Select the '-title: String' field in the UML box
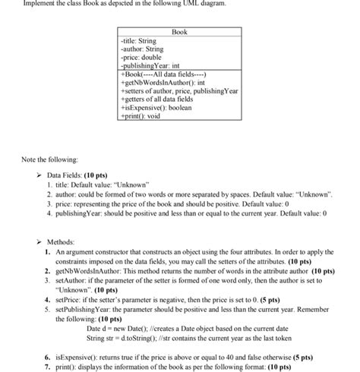tap(139, 41)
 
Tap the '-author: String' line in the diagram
tap(142, 49)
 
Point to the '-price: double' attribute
tap(141, 58)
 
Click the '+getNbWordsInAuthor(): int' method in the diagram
tap(166, 83)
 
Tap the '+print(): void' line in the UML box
tap(142, 116)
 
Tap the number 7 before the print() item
tap(48, 365)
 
